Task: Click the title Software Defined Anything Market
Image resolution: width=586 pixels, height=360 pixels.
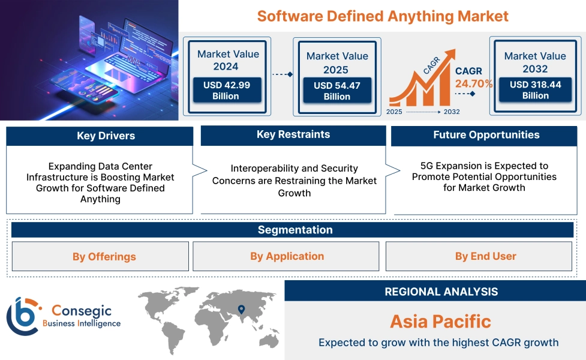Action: click(x=383, y=16)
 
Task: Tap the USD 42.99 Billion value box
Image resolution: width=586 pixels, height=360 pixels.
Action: click(x=227, y=90)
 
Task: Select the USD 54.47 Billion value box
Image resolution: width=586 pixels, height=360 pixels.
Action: click(x=337, y=91)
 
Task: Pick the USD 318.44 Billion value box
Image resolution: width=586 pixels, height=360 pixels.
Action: click(x=535, y=90)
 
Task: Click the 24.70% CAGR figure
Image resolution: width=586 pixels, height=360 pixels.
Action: click(x=473, y=84)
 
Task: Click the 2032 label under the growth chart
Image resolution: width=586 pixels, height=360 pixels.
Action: click(x=452, y=112)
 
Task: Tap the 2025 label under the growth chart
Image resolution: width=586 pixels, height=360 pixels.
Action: click(x=394, y=112)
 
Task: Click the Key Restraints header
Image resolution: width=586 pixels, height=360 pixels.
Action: click(x=293, y=135)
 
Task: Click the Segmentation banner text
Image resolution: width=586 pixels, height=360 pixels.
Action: click(x=295, y=230)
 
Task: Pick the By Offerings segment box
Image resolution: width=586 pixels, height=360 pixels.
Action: click(x=100, y=256)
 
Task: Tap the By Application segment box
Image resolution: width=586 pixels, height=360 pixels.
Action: click(x=286, y=256)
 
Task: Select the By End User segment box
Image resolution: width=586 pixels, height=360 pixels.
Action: click(x=479, y=256)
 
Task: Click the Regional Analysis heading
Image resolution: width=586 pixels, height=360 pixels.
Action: click(x=441, y=292)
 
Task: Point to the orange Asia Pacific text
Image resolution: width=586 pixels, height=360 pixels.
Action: click(x=441, y=322)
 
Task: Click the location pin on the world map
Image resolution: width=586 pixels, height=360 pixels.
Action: click(x=242, y=309)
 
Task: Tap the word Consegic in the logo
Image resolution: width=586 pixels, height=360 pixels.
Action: click(x=82, y=310)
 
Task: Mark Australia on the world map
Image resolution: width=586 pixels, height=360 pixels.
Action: click(x=269, y=341)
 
